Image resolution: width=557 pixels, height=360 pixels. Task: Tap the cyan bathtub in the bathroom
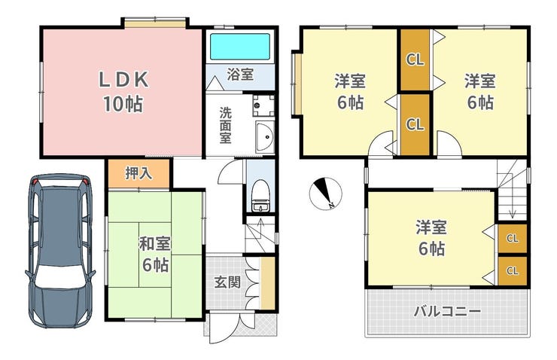pyautogui.click(x=240, y=47)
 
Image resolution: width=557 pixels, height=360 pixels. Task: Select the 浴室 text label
pyautogui.click(x=240, y=75)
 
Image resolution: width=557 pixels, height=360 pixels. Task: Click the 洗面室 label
pyautogui.click(x=225, y=125)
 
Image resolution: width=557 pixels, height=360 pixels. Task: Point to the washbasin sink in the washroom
pyautogui.click(x=265, y=137)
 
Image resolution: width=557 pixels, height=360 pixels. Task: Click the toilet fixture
pyautogui.click(x=260, y=195)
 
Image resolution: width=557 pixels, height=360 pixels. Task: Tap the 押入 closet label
pyautogui.click(x=138, y=173)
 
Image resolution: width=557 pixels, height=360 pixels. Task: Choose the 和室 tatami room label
pyautogui.click(x=155, y=245)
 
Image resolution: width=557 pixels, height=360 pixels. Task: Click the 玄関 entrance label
pyautogui.click(x=227, y=282)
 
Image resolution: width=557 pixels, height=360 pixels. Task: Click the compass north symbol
pyautogui.click(x=325, y=194)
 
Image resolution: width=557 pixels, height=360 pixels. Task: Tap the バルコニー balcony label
pyautogui.click(x=447, y=312)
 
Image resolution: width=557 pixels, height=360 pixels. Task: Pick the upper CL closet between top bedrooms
pyautogui.click(x=415, y=59)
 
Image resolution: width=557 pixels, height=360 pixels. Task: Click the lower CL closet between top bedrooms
pyautogui.click(x=415, y=124)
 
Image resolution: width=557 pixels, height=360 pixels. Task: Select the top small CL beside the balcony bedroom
pyautogui.click(x=513, y=238)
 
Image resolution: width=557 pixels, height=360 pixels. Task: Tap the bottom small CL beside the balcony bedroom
pyautogui.click(x=513, y=271)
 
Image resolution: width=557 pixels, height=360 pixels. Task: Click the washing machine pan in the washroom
pyautogui.click(x=263, y=105)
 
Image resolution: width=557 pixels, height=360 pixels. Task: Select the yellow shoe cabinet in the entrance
pyautogui.click(x=268, y=283)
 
